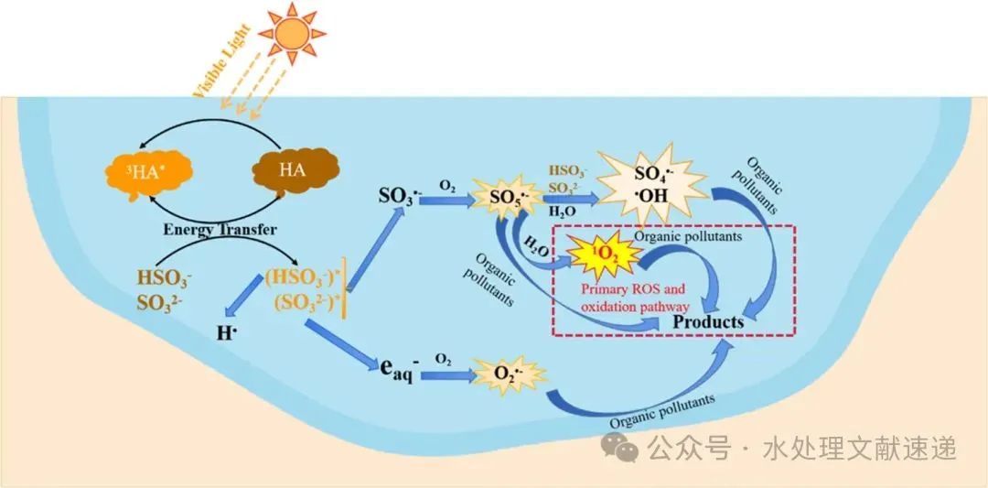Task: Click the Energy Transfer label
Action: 220,230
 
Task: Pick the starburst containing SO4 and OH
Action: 652,184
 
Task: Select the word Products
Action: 709,322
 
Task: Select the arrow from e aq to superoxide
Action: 446,374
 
